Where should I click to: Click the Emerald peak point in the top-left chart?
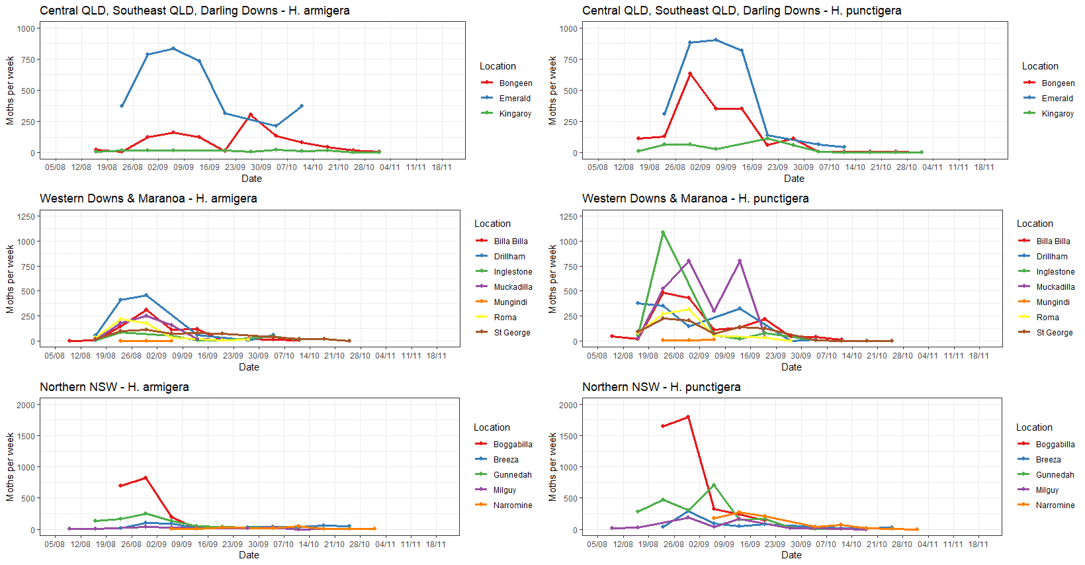173,48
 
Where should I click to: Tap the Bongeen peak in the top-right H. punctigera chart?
690,73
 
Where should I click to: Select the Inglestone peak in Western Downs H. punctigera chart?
663,232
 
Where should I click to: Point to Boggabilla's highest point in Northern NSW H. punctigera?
688,417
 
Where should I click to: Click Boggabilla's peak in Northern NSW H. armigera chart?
146,478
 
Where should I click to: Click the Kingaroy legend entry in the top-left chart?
515,114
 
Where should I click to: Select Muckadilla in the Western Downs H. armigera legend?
513,287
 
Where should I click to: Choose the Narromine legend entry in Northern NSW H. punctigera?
1055,505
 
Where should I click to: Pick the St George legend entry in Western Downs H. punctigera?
1055,333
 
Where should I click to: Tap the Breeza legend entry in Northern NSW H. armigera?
505,460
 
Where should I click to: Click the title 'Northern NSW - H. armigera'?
114,387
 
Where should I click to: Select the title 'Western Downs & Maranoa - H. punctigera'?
695,198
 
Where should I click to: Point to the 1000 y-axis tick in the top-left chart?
26,28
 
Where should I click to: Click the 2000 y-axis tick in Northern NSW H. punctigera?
568,405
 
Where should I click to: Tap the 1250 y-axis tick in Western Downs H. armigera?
26,216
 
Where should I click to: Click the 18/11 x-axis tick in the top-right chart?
984,167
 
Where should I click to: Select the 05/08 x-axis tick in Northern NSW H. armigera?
54,544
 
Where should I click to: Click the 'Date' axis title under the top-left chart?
251,179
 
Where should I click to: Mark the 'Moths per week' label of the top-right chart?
552,91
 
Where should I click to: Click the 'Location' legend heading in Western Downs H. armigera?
492,224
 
